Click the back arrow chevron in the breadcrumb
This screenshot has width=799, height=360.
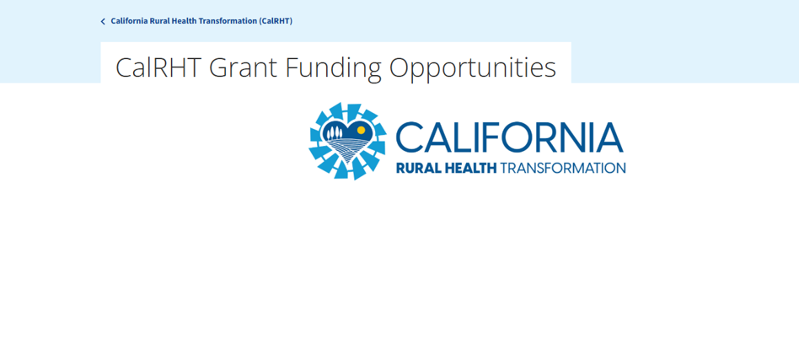click(103, 21)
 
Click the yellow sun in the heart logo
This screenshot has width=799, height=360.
click(362, 130)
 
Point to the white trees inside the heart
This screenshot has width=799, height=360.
click(335, 132)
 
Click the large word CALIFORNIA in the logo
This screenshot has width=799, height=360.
click(509, 137)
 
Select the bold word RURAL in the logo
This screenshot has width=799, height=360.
click(415, 168)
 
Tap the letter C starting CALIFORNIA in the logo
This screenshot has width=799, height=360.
click(409, 137)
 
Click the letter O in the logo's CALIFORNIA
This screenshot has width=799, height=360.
click(515, 137)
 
